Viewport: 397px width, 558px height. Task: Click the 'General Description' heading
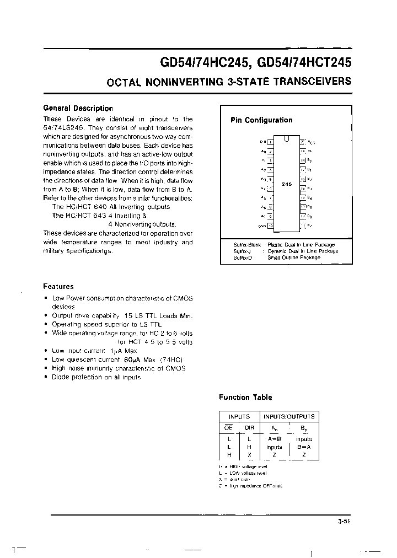pos(78,109)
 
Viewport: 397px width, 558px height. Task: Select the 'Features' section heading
pos(58,287)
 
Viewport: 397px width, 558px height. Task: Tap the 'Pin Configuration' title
pos(261,120)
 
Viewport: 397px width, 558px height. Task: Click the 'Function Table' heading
pos(245,398)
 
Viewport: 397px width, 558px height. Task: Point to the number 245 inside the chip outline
pos(287,184)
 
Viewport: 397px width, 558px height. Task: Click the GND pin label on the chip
pos(262,226)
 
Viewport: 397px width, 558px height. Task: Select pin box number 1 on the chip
pos(270,142)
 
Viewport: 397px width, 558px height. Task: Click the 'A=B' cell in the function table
pos(274,439)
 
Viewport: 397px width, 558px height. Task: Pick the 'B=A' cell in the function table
pos(304,447)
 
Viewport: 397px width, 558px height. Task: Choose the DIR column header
pos(249,427)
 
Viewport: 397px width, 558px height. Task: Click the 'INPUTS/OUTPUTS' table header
pos(289,417)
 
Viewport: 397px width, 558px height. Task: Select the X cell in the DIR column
pos(249,455)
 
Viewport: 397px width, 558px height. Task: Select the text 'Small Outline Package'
pos(293,257)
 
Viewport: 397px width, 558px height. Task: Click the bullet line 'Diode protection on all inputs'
pos(96,377)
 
